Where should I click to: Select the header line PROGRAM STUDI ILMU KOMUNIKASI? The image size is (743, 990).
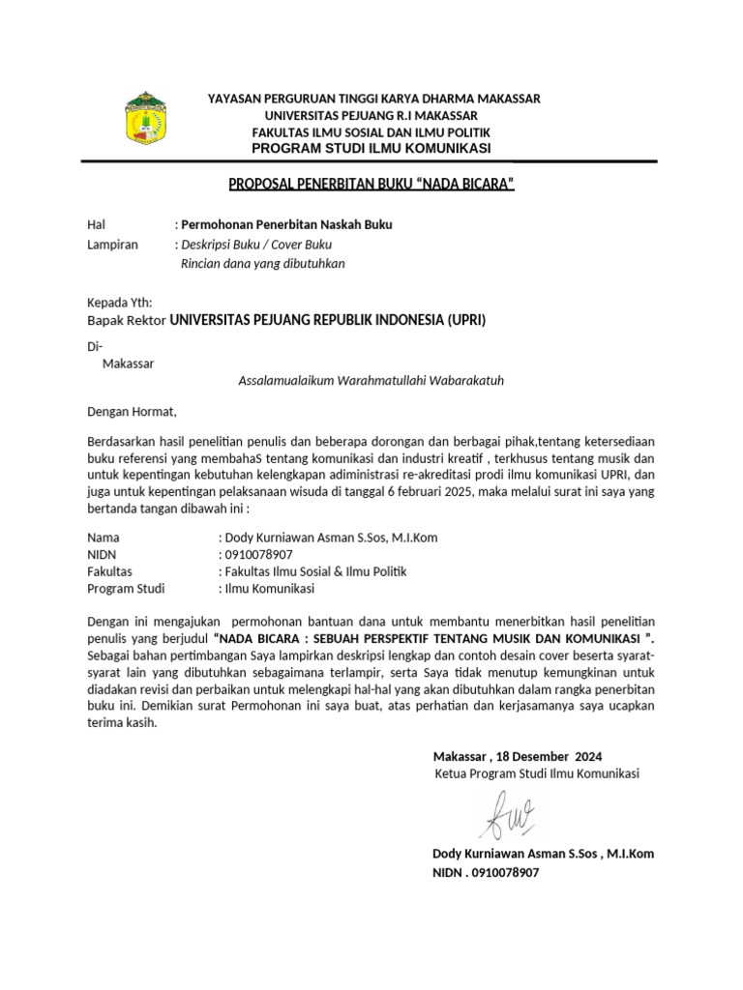(x=371, y=148)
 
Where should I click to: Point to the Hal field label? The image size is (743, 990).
(x=95, y=225)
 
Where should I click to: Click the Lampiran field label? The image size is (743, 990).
(x=112, y=245)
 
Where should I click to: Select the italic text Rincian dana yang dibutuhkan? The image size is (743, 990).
(x=263, y=263)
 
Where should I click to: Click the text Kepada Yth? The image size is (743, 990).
(x=119, y=303)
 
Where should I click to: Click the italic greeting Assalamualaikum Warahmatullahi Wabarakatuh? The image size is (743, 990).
(x=371, y=380)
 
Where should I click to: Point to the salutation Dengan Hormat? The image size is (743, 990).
(x=133, y=411)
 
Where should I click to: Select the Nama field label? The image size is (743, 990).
(x=104, y=538)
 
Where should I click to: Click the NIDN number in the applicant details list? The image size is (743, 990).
(x=257, y=555)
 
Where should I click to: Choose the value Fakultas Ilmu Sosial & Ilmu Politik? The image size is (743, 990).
(x=315, y=571)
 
